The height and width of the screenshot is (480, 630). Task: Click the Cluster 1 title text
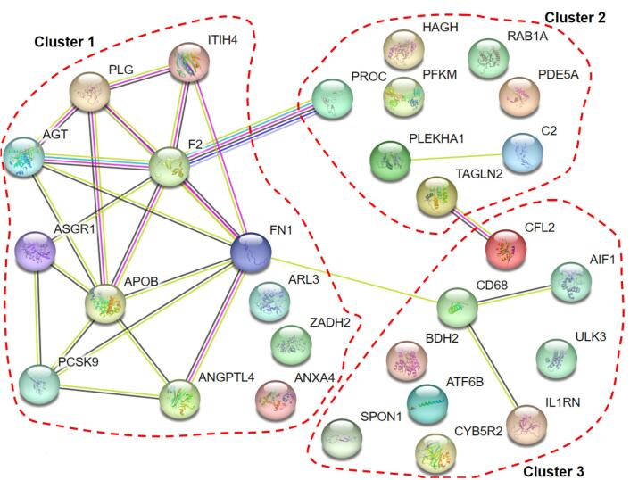(x=64, y=42)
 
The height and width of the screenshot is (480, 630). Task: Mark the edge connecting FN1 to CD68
(x=357, y=280)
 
